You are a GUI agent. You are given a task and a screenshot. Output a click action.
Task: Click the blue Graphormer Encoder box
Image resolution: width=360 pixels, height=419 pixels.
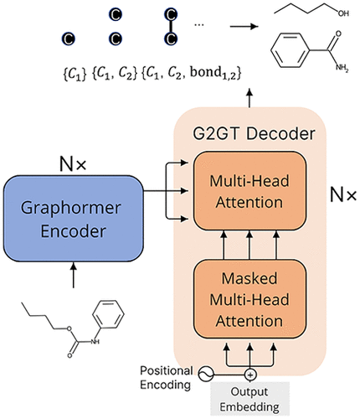pyautogui.click(x=74, y=210)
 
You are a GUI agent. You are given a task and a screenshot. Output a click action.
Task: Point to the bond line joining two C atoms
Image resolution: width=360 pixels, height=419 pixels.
pyautogui.click(x=171, y=27)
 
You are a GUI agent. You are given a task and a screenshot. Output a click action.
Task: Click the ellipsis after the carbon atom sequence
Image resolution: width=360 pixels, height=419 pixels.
pyautogui.click(x=199, y=25)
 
